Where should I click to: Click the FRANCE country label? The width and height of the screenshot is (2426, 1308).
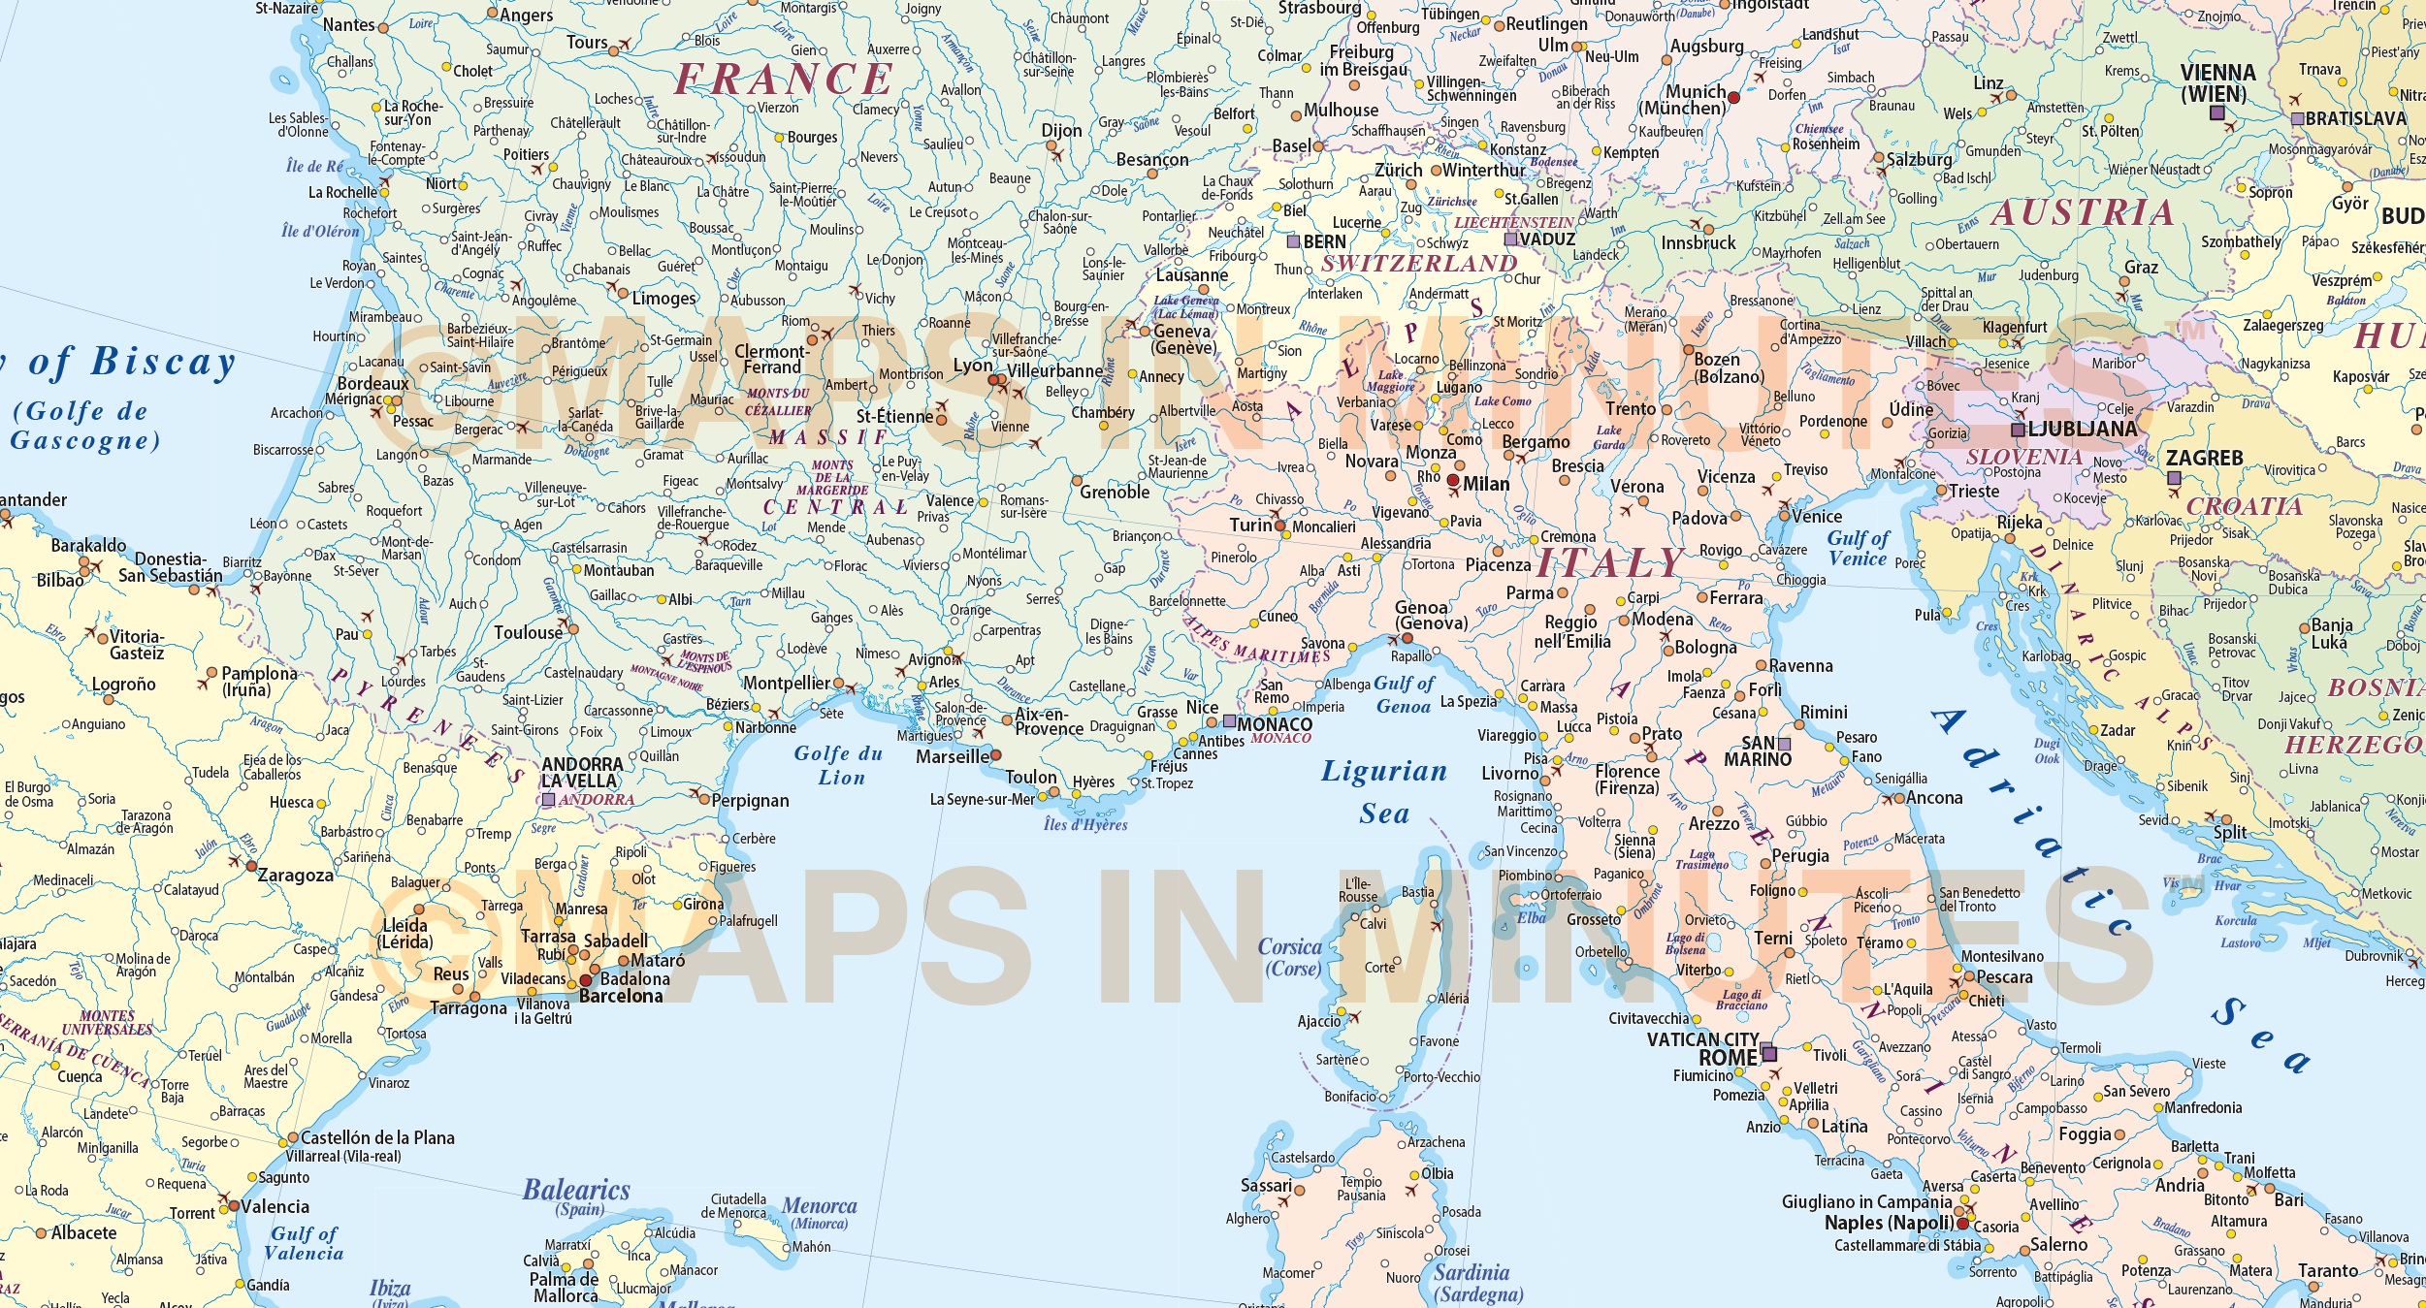coord(783,80)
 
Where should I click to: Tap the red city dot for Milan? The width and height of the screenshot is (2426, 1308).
coord(1453,481)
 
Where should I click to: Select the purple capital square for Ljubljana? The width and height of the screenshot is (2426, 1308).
coord(2019,430)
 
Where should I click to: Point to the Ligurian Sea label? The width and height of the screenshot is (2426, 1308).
coord(1384,791)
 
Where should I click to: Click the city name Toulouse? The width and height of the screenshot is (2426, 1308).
coord(528,633)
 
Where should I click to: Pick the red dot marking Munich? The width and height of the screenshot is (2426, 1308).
coord(1733,98)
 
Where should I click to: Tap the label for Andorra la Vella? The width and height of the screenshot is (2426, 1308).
coord(582,773)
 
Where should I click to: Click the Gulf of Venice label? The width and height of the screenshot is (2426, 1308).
coord(1858,549)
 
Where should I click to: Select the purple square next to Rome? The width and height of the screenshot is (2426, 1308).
coord(1769,1053)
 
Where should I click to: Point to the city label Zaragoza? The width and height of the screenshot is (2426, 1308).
coord(295,875)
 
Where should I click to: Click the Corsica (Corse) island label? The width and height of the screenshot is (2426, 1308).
coord(1290,957)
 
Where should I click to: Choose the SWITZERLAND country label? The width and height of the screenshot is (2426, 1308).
coord(1419,264)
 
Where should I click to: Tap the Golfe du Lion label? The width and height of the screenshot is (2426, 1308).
coord(839,765)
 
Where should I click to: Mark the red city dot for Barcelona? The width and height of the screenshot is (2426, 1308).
coord(586,980)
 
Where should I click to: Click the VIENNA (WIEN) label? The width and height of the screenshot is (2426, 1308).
coord(2218,83)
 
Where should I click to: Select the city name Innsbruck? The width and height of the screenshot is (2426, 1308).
coord(1698,243)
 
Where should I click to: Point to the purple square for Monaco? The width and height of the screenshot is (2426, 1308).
coord(1229,721)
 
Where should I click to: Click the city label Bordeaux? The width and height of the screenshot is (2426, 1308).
coord(372,383)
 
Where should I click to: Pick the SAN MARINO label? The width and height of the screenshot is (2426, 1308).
coord(1757,751)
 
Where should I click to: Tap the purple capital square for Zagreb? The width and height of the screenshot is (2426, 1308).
coord(2174,478)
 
